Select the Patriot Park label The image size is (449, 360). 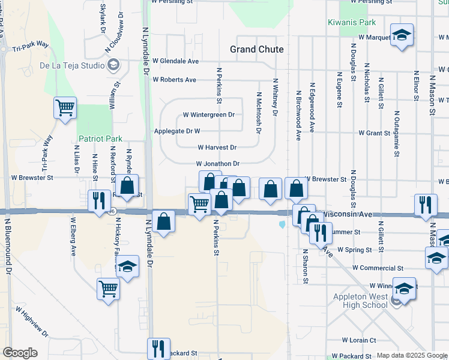tap(100, 139)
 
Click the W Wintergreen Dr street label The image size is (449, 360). tap(208, 115)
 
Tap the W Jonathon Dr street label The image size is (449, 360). tap(217, 164)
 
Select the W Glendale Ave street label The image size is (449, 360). tap(175, 61)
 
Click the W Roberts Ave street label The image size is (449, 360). tap(174, 80)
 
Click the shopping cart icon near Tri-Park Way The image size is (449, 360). tap(65, 109)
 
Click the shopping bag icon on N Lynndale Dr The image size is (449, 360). tap(163, 221)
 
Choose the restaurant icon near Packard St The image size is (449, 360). tap(158, 348)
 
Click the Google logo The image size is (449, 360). tap(20, 353)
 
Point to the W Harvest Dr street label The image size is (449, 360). tap(217, 148)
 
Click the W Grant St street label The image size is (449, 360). tap(374, 133)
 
